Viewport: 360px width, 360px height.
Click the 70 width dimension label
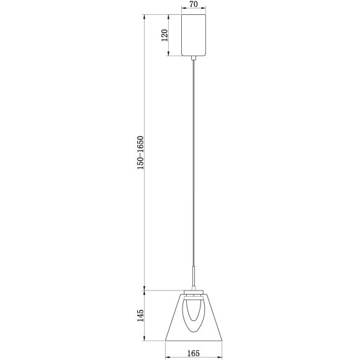click(x=194, y=5)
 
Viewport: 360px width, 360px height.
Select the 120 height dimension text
click(x=164, y=35)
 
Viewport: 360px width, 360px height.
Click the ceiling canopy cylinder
click(x=194, y=35)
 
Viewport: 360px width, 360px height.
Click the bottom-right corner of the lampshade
click(x=222, y=340)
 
